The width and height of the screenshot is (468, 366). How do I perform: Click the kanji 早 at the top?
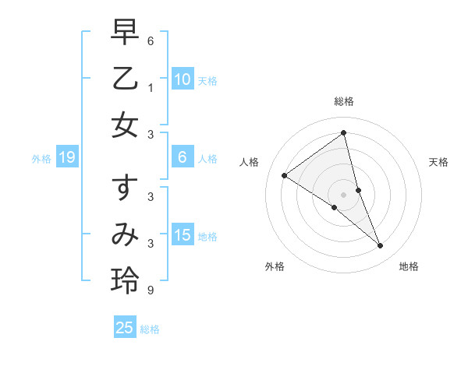point(125,33)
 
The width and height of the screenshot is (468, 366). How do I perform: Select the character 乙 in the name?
point(125,79)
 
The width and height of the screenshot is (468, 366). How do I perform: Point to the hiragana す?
point(125,189)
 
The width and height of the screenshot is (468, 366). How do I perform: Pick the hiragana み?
point(125,234)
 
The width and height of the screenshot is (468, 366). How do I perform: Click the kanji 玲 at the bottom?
point(125,280)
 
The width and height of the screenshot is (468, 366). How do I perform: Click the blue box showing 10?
point(183,79)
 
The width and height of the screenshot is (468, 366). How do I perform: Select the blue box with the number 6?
point(183,157)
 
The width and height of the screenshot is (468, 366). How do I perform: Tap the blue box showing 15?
point(183,235)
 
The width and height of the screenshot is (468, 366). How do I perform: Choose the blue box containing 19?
point(67,157)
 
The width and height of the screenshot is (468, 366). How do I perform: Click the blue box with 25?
point(125,328)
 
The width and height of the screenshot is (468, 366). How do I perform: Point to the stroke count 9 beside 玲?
point(150,290)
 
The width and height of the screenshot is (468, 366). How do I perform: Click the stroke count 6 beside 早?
point(150,40)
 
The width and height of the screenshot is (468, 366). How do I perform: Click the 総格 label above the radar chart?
point(344,101)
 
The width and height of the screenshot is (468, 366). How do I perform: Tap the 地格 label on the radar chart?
point(409,266)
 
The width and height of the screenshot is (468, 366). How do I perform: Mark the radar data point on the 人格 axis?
point(284,175)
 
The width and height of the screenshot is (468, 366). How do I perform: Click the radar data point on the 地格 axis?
point(381,246)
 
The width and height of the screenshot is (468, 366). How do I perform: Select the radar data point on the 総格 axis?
point(344,132)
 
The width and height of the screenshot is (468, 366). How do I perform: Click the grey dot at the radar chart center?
point(344,194)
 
